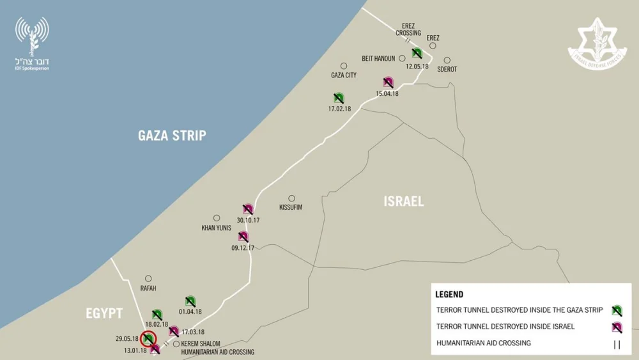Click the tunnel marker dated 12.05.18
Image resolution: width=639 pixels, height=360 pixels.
(417, 54)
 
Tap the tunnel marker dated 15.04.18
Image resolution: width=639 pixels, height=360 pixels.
(388, 82)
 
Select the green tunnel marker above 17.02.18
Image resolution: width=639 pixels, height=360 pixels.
(339, 98)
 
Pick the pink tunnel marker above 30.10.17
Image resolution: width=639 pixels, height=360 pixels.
(248, 209)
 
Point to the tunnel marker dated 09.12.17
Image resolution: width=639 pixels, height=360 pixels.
(243, 237)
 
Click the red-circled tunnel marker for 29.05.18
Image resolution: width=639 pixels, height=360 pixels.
(148, 338)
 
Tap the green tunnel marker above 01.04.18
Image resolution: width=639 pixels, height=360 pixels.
(190, 301)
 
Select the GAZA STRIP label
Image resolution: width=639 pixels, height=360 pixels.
(172, 136)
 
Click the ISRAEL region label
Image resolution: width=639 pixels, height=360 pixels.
(403, 201)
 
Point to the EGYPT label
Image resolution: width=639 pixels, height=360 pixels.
(104, 313)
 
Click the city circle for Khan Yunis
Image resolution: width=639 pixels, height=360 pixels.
(217, 218)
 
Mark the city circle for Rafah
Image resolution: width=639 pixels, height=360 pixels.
(148, 278)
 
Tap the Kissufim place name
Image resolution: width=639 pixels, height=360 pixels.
(291, 208)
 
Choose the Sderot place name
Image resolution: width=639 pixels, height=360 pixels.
(447, 69)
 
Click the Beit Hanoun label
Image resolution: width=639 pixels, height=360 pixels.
(378, 59)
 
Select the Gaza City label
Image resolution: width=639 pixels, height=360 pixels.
(344, 75)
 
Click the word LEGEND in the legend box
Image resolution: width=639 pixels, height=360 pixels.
(449, 295)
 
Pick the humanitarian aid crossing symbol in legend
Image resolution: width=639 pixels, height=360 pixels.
(617, 344)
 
